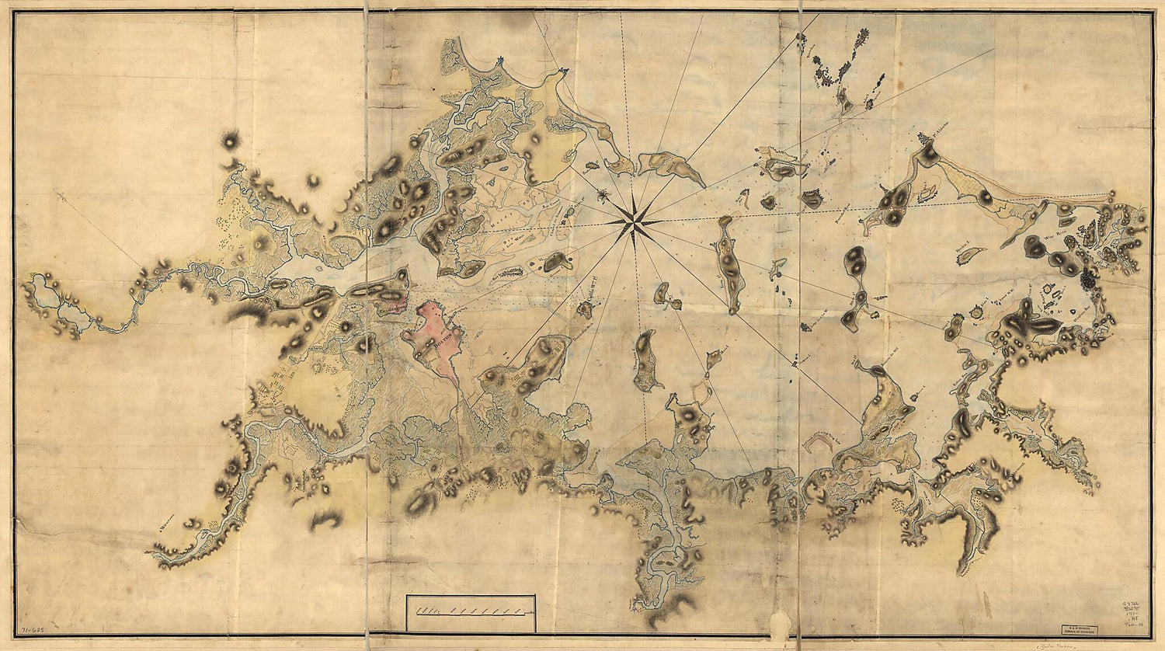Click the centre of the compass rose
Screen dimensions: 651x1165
point(635,221)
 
